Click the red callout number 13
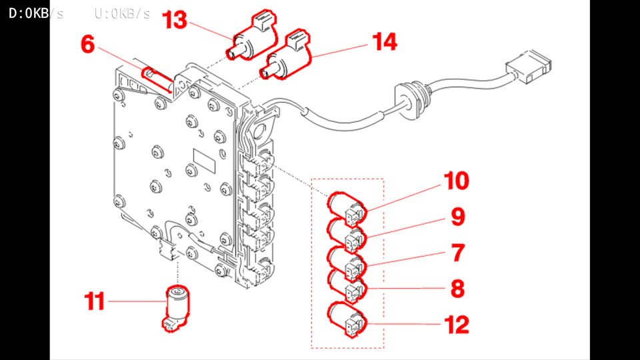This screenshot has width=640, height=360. pos(174,20)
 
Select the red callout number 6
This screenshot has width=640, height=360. pos(88,44)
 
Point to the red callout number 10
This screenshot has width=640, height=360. pos(456,181)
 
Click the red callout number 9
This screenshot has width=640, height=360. pos(458,217)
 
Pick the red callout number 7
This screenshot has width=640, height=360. pos(459,253)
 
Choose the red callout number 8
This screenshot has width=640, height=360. pos(458,289)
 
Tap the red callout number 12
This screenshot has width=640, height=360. pos(456,325)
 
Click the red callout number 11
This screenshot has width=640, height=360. pos(95,301)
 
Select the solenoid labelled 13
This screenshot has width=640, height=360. pos(251,37)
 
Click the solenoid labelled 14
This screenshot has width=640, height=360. pos(285,55)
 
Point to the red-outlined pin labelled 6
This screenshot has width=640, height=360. pos(157,81)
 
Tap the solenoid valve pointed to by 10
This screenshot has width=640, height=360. pos(347,210)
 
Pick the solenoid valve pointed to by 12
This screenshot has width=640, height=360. pos(347,319)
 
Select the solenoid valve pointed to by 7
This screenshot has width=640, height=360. pos(347,265)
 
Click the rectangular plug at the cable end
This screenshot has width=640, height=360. pos(529,67)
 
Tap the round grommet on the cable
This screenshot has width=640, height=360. pos(408,101)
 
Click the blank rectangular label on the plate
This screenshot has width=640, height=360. pos(204,161)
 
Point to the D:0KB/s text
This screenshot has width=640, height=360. pos(36,13)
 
